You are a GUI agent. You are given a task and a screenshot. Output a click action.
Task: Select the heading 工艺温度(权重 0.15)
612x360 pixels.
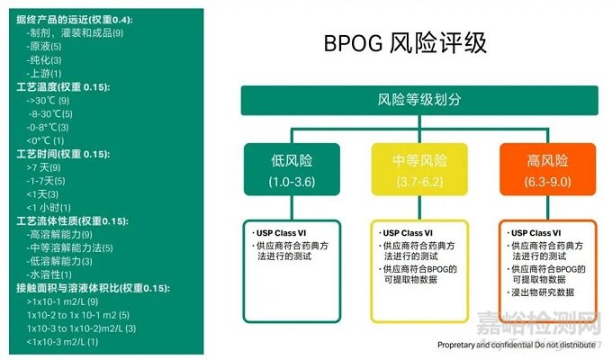[x=62, y=86]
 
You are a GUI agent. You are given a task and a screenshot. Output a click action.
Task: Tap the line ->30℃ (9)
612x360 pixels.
[x=49, y=101]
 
